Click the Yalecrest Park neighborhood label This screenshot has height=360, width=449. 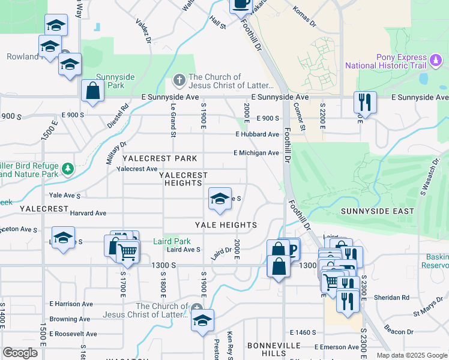pos(160,158)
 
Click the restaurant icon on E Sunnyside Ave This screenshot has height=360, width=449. pos(364,103)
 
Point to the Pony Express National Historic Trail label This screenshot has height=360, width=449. pos(393,61)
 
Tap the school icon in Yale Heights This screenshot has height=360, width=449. pos(220,199)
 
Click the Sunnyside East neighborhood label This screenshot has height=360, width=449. pos(377,211)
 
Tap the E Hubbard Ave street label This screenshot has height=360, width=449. pos(257,134)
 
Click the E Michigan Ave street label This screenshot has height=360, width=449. pos(256,153)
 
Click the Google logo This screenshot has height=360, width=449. pos(20,353)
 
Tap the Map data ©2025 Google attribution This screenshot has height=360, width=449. pos(411,355)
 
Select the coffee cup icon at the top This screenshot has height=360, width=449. pos(241,4)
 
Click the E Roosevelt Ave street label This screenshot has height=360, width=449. pos(73,334)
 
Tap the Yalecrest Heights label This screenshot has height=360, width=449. pos(183,179)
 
